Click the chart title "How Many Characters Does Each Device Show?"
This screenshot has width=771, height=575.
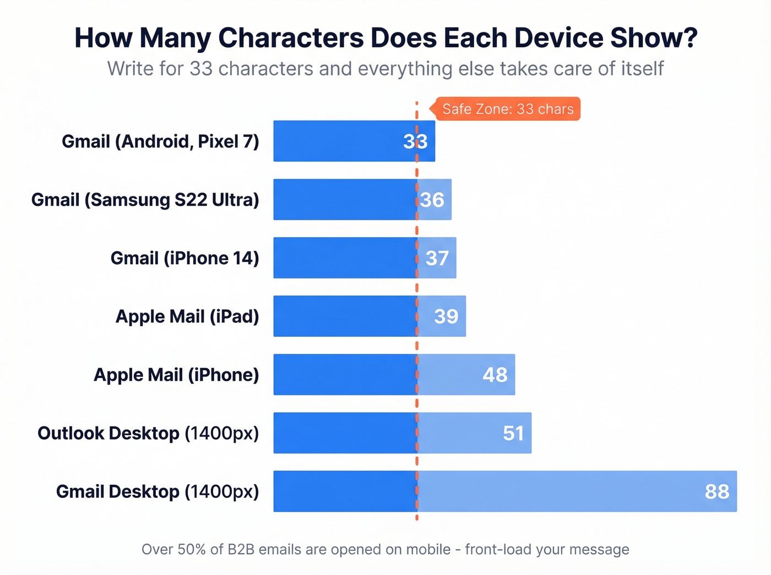(385, 38)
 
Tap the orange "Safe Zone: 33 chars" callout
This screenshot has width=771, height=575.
(507, 109)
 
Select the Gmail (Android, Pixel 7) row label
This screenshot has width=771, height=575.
(160, 141)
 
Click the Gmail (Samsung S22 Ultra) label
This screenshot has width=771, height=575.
(145, 200)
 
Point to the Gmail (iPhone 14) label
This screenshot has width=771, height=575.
(184, 258)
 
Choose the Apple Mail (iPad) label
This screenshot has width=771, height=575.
(187, 316)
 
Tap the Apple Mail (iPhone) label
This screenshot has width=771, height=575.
(176, 375)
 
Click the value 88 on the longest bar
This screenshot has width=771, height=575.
(716, 491)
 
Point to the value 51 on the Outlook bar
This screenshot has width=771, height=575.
(513, 433)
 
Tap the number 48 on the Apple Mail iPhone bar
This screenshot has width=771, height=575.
(495, 375)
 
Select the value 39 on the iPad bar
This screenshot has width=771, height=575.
(446, 316)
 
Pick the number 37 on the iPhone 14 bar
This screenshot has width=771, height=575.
(437, 258)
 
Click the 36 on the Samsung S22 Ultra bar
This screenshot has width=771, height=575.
(432, 200)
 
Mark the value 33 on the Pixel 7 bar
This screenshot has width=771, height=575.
(415, 141)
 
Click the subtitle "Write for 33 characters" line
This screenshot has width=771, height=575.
(385, 69)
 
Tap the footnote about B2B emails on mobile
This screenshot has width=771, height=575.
(385, 549)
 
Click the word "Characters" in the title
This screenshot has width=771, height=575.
(291, 38)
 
